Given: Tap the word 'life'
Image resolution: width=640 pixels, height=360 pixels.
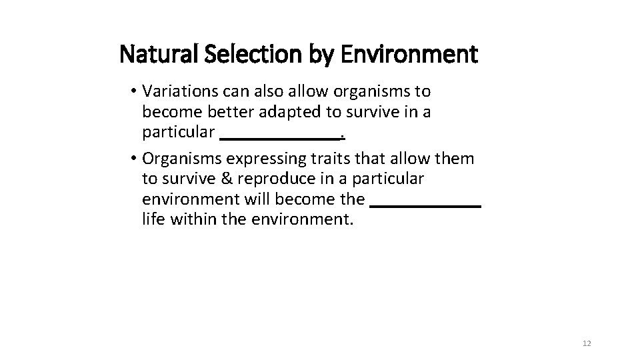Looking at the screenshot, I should click(153, 219).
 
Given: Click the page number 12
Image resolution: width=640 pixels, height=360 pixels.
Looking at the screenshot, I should click(587, 343).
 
